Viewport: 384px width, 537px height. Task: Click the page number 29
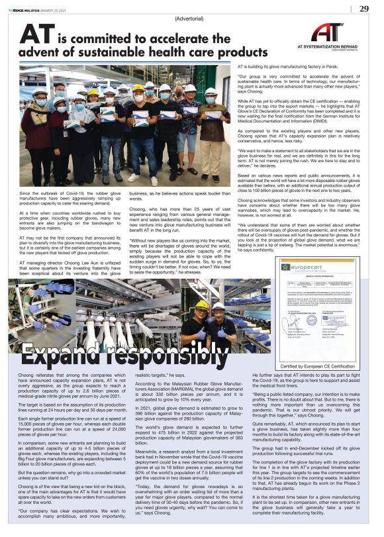pos(364,9)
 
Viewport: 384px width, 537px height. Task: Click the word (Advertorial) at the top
pos(190,19)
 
